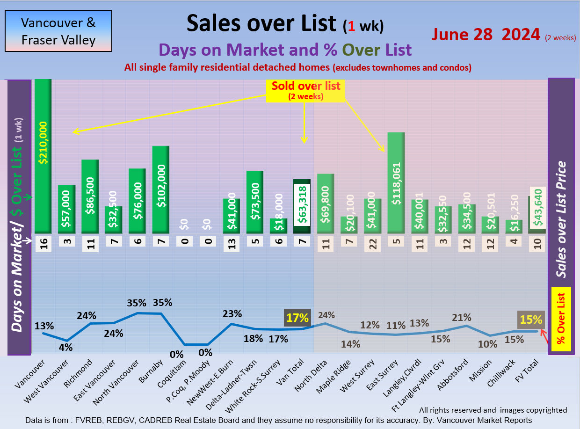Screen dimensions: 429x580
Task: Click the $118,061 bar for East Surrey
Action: point(396,183)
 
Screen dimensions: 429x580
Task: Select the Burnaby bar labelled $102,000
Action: point(160,189)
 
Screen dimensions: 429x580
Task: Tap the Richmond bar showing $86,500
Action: point(90,196)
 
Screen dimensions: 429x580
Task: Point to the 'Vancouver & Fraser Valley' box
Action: point(58,31)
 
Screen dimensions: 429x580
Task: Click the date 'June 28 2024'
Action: point(486,35)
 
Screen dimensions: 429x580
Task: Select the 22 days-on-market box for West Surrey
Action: point(373,244)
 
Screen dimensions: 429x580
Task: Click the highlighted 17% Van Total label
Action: point(297,318)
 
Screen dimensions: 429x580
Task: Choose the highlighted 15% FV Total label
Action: point(531,320)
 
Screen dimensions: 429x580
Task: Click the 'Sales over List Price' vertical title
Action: point(561,220)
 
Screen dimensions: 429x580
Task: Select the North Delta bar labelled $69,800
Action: point(326,204)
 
